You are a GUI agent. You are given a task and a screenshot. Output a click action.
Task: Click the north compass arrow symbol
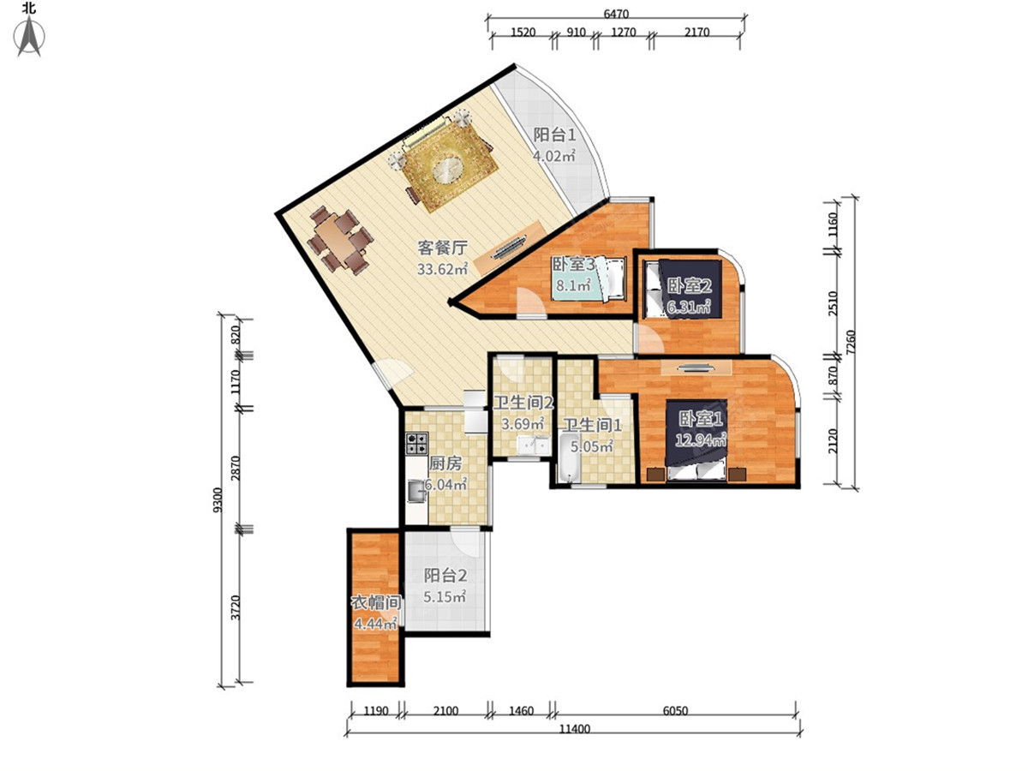(29, 37)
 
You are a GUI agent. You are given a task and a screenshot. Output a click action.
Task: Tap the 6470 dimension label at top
(615, 14)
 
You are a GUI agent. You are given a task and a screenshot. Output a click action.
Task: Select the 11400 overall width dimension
(574, 729)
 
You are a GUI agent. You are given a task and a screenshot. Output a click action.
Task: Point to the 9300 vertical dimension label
(218, 500)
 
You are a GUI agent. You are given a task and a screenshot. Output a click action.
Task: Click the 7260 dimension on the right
(850, 342)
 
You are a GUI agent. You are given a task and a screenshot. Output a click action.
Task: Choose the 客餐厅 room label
(443, 248)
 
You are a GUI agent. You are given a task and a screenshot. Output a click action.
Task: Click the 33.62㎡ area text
(443, 269)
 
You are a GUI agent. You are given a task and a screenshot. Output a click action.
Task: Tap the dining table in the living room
(339, 240)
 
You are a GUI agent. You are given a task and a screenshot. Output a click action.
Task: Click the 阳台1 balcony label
(554, 134)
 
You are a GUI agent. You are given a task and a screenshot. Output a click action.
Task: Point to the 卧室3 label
(573, 264)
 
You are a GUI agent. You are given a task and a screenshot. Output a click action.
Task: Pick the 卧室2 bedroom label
(690, 285)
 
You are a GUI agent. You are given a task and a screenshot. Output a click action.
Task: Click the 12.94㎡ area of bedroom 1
(701, 439)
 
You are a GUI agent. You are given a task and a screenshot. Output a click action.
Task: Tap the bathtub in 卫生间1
(569, 457)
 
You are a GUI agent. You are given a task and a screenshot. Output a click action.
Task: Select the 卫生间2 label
(523, 403)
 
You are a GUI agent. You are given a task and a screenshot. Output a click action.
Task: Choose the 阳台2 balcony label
(445, 576)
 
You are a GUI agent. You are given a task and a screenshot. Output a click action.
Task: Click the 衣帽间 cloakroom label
(375, 602)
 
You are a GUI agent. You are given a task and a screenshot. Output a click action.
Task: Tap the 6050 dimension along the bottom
(675, 711)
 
